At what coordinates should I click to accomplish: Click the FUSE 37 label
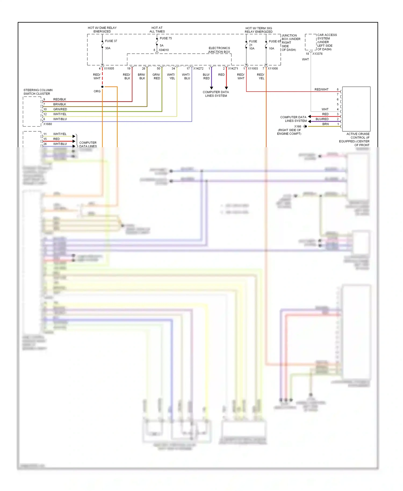[x=111, y=41]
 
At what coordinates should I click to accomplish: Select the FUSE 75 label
[x=165, y=38]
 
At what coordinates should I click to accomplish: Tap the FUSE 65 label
[x=275, y=41]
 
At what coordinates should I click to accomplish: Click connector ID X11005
[x=109, y=68]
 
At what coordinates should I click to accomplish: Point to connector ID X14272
[x=198, y=68]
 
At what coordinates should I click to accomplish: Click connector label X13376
[x=317, y=54]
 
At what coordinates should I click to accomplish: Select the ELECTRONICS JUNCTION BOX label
[x=219, y=50]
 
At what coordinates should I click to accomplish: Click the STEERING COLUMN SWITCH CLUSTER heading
[x=38, y=92]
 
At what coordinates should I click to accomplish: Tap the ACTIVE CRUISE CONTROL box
[x=356, y=109]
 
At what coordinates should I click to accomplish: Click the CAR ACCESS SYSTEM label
[x=327, y=42]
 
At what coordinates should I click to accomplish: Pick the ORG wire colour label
[x=97, y=91]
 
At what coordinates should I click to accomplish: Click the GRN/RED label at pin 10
[x=60, y=109]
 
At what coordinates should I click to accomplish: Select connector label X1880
[x=48, y=124]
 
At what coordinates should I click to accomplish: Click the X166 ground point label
[x=297, y=127]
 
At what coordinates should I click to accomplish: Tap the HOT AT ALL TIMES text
[x=157, y=30]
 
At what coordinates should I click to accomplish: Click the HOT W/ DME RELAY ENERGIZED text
[x=102, y=30]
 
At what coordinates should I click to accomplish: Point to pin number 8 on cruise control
[x=338, y=89]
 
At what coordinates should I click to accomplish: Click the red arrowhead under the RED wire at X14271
[x=226, y=88]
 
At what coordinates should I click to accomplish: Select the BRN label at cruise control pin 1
[x=325, y=124]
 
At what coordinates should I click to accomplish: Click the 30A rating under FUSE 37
[x=108, y=48]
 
